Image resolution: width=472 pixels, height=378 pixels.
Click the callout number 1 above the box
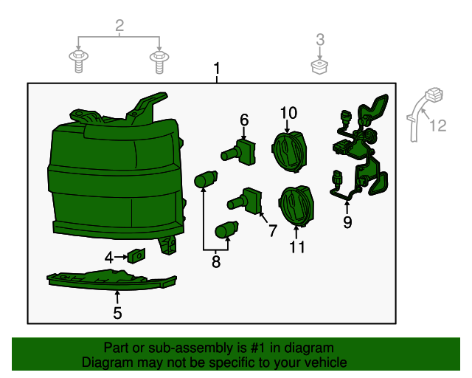point(217,69)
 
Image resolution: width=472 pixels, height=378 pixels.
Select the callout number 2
point(119,25)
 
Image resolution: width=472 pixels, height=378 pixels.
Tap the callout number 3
point(320,39)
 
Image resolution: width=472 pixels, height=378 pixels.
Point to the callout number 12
point(437,126)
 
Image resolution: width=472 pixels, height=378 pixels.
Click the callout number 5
point(117,313)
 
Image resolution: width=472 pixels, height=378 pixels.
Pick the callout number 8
point(216,261)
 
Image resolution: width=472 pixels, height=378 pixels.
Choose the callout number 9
point(347,222)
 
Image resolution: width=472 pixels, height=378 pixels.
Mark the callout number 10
point(288,113)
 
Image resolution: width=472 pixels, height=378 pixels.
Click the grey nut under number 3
point(319,67)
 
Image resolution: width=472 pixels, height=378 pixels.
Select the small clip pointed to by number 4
point(136,255)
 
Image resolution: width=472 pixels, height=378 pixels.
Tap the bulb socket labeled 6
point(238,152)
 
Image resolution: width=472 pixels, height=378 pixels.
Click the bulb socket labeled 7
point(245,201)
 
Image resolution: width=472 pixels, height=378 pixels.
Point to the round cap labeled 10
point(289,151)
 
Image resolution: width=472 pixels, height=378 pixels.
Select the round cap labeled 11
point(296,206)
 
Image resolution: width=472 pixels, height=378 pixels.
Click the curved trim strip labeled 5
point(111,281)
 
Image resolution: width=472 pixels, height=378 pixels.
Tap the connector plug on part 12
point(434,94)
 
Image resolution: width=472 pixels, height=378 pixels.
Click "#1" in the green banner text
point(257,348)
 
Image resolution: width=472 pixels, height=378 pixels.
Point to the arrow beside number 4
point(121,257)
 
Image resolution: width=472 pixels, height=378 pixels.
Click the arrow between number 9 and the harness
point(347,208)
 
